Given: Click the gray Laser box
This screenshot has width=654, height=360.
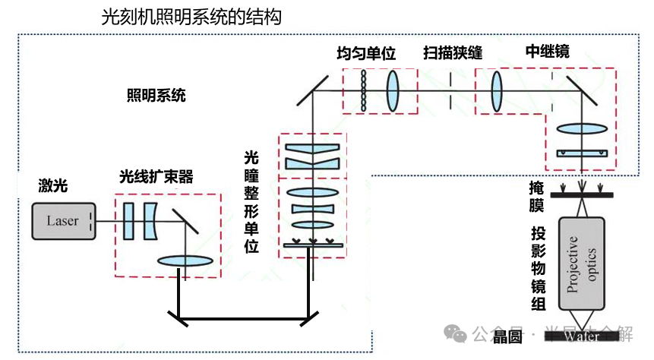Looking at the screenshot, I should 64,221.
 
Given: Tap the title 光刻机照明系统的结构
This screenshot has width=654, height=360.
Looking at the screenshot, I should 191,17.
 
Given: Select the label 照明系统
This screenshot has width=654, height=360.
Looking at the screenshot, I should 156,96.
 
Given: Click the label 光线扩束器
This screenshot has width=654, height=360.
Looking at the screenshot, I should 156,178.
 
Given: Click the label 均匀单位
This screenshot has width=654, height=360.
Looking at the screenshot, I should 367,54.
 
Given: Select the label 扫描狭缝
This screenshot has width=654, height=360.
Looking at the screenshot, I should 453,53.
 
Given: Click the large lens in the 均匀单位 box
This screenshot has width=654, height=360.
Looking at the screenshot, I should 393,91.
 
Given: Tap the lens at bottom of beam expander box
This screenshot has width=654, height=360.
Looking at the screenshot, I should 185,261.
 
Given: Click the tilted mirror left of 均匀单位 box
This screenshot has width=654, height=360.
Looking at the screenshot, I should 309,90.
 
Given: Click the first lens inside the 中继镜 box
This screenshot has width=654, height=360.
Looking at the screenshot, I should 498,91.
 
